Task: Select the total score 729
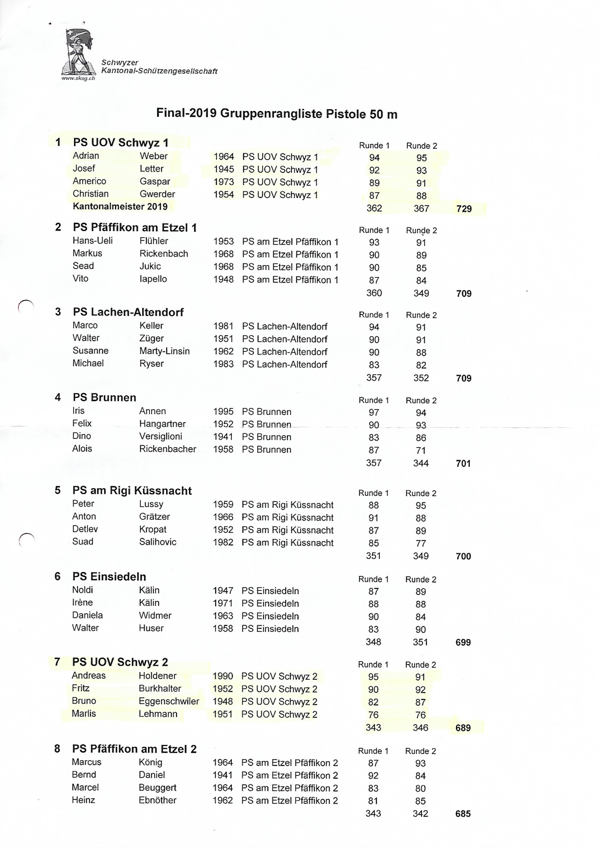click(464, 209)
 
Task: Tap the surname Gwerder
click(157, 194)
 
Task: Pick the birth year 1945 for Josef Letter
click(224, 169)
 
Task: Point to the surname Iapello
click(153, 279)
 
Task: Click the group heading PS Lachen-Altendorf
click(128, 312)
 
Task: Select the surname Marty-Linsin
click(164, 351)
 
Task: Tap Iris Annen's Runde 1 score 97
click(374, 412)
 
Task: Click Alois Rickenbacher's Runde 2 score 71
click(421, 450)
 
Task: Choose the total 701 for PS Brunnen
click(463, 463)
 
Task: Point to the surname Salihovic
click(157, 542)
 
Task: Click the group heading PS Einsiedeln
click(109, 576)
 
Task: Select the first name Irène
click(82, 603)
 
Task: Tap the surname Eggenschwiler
click(169, 701)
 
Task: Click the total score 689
click(463, 728)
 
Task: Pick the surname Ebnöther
click(157, 800)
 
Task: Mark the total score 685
click(463, 814)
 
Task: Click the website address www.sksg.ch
click(78, 78)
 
